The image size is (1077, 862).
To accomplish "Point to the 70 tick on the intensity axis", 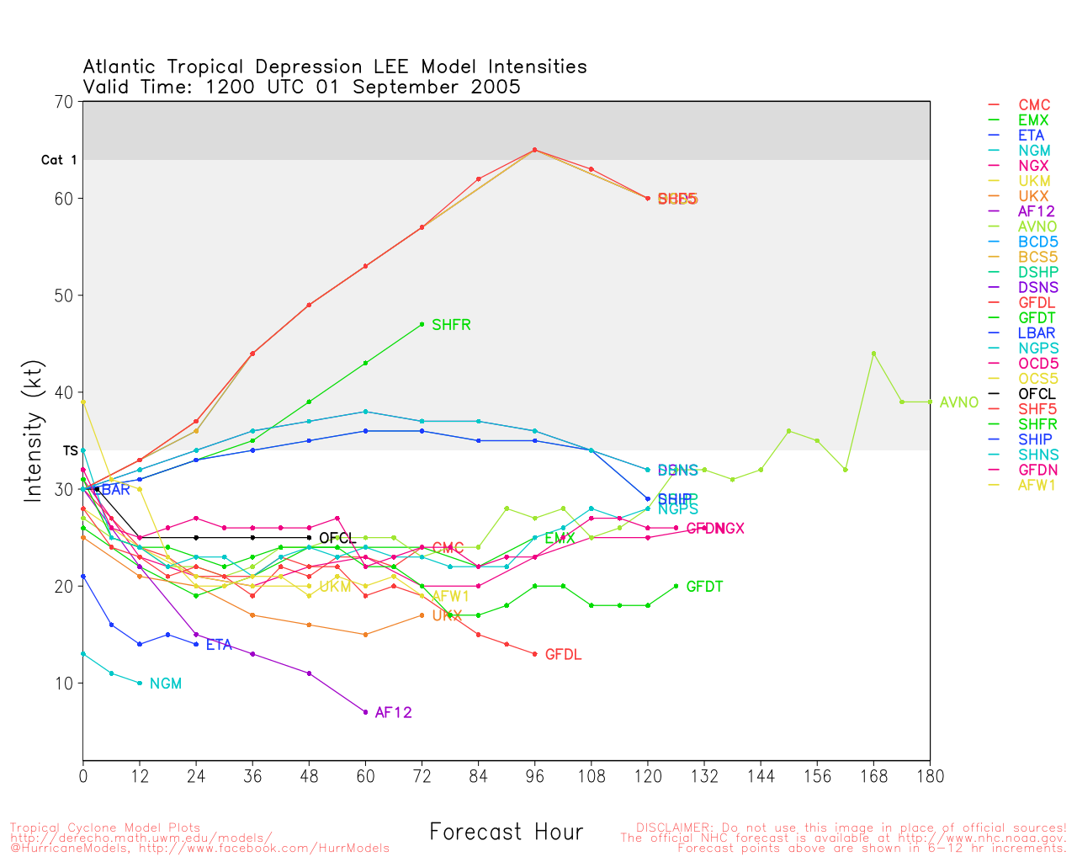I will point(64,102).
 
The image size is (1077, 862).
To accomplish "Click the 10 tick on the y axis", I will point(64,684).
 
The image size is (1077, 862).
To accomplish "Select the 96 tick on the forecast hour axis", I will point(534,776).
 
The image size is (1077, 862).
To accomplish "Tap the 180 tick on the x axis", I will point(930,776).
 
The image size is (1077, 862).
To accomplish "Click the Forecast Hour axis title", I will point(506,833).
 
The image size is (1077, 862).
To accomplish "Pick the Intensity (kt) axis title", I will point(33,431).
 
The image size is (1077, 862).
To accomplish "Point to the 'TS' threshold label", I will point(70,451).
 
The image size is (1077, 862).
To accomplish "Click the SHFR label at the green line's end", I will point(451,325).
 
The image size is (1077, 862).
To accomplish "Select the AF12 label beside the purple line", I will point(393,713).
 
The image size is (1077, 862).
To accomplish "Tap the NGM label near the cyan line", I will point(166,684).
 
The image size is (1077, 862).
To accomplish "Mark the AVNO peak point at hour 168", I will point(873,354).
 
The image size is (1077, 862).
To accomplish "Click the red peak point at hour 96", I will point(534,150).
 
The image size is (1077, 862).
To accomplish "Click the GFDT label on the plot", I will point(704,587).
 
